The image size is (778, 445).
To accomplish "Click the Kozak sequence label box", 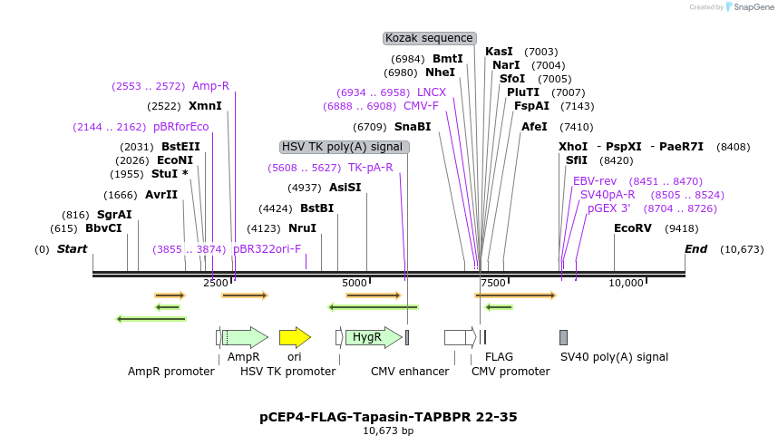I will pyautogui.click(x=430, y=38).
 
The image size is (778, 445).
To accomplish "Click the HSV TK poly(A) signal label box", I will pyautogui.click(x=344, y=147).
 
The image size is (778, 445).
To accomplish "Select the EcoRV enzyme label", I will pyautogui.click(x=633, y=228).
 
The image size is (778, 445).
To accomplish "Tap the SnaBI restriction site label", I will pyautogui.click(x=413, y=127).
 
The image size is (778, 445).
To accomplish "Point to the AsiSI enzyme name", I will pyautogui.click(x=345, y=188).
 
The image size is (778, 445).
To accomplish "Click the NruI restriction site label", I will pyautogui.click(x=302, y=228).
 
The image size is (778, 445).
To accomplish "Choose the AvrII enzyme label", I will pyautogui.click(x=161, y=195).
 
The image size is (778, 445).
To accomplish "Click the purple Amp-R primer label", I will pyautogui.click(x=210, y=86).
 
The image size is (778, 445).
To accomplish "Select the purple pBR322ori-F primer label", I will pyautogui.click(x=267, y=248).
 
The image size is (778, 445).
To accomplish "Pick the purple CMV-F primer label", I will pyautogui.click(x=421, y=106).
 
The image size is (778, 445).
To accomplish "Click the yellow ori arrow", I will pyautogui.click(x=295, y=337).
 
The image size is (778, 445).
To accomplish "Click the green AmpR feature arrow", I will pyautogui.click(x=246, y=337).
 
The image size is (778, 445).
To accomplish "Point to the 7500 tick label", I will pyautogui.click(x=493, y=283).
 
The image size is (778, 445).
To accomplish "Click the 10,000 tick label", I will pyautogui.click(x=626, y=283).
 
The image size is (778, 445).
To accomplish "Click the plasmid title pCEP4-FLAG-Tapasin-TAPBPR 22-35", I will pyautogui.click(x=388, y=417).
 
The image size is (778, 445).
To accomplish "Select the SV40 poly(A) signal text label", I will pyautogui.click(x=614, y=357).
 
